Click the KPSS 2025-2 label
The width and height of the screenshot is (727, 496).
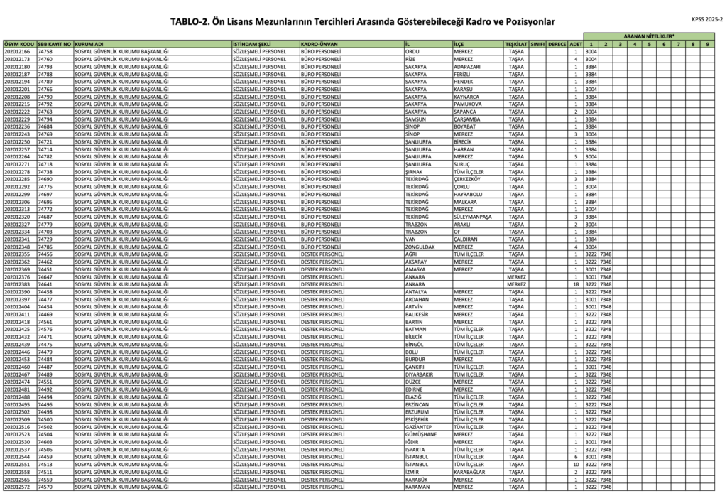point(706,19)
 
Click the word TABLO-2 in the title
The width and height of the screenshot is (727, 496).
point(190,22)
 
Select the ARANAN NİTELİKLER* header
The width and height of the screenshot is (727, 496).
point(649,35)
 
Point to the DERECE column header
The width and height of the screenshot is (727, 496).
point(557,44)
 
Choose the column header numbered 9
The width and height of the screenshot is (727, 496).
point(708,44)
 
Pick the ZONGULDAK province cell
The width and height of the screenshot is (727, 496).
point(421,247)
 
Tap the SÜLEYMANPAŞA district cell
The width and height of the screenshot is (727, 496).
point(472,217)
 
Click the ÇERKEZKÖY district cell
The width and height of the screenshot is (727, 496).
point(469,179)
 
